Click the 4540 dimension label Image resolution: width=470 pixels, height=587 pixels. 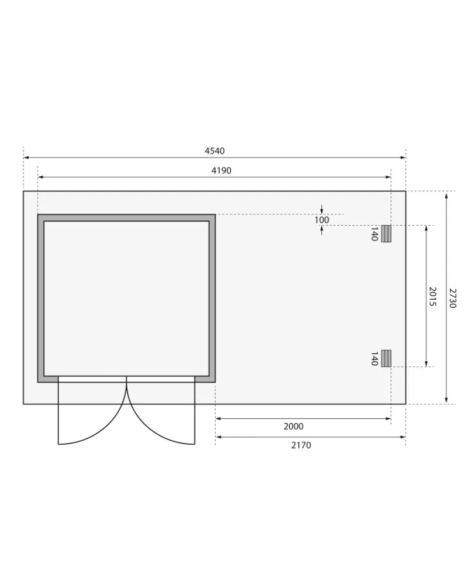[x=214, y=151]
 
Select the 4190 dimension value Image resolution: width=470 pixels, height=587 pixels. [x=221, y=171]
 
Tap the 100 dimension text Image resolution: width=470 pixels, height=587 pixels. [x=321, y=220]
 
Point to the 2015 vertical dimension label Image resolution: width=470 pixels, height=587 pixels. [x=432, y=297]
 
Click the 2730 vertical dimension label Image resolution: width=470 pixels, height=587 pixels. [x=452, y=298]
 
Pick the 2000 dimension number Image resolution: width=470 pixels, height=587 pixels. [x=293, y=427]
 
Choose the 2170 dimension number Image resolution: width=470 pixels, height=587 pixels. [x=301, y=445]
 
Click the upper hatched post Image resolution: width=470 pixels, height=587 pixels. [x=386, y=234]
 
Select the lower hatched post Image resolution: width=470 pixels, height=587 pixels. [x=386, y=358]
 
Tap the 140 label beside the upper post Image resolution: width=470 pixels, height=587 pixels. [x=374, y=234]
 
